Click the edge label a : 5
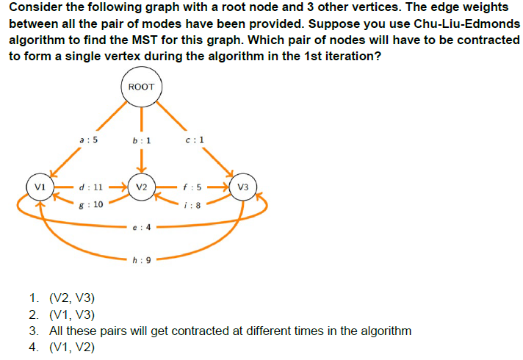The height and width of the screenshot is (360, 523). (89, 140)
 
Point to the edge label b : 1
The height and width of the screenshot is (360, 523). (142, 141)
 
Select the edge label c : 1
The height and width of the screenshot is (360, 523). (195, 140)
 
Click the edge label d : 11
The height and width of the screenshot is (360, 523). (91, 187)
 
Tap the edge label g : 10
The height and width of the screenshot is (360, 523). (91, 204)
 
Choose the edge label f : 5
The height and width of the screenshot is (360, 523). (192, 187)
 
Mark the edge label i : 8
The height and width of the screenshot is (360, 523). (192, 205)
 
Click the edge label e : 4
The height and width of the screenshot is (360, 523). (142, 228)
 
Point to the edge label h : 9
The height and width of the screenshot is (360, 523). (142, 260)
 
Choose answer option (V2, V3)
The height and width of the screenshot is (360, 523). (72, 298)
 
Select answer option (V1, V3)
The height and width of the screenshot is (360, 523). (72, 314)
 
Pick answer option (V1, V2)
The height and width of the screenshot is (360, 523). (72, 348)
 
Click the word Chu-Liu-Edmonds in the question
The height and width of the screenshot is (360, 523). (467, 24)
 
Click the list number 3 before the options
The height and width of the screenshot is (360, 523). (33, 331)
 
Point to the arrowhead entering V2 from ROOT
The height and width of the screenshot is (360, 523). (142, 170)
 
